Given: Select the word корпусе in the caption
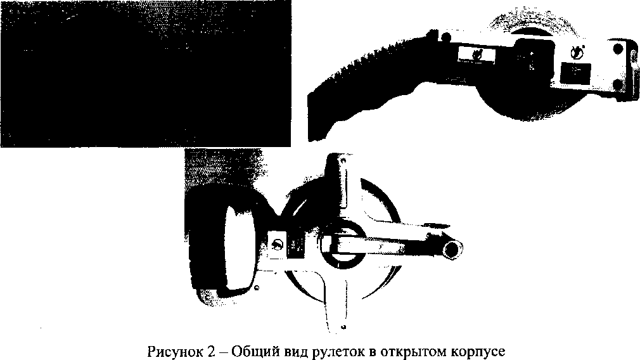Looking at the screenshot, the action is coord(478,352).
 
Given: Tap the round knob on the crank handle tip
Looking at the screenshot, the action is coord(454,248).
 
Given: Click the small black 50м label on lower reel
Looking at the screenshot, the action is coord(295,247).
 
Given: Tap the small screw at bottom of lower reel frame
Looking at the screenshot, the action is coord(343,327).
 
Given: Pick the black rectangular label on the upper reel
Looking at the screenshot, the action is coord(575,72).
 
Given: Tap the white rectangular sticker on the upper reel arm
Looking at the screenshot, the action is coord(477,55).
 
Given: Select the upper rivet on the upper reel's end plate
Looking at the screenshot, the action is coord(618,49).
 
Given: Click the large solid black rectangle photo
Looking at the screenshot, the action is coord(146,74).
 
